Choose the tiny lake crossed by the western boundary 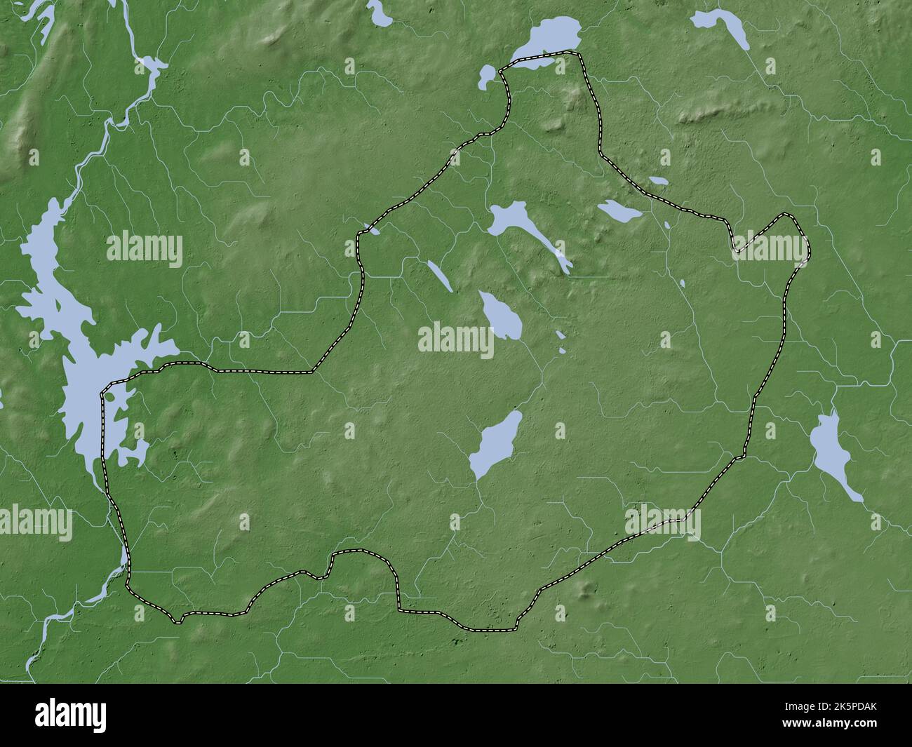[371, 229]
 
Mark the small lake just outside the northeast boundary [659, 180]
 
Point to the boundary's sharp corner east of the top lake [581, 55]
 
